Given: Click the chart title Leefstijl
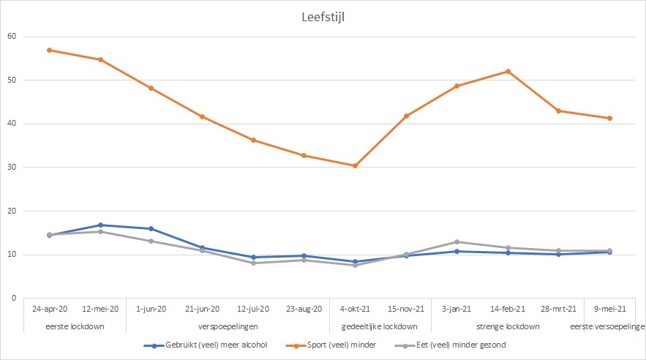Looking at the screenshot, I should [323, 17].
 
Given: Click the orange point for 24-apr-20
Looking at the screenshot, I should [49, 50].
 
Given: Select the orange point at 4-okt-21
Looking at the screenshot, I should [355, 166].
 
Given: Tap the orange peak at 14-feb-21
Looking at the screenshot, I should [508, 71].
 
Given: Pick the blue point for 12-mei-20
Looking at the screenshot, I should [100, 225].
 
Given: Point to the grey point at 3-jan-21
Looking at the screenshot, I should [457, 241].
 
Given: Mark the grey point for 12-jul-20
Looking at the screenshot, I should [253, 263].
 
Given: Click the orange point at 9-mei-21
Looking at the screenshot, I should [609, 118].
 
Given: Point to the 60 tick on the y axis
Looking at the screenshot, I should [12, 37].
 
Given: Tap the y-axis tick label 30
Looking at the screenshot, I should [12, 168].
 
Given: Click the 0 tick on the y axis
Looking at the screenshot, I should [14, 299].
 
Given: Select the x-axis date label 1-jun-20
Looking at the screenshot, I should [151, 310].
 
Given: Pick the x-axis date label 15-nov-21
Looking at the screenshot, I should [406, 310].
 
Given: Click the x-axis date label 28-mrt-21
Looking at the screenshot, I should [559, 310].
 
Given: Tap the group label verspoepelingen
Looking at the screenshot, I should [228, 326].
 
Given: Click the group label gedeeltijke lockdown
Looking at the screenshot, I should [380, 326].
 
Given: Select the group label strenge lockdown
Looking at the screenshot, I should [508, 326].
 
